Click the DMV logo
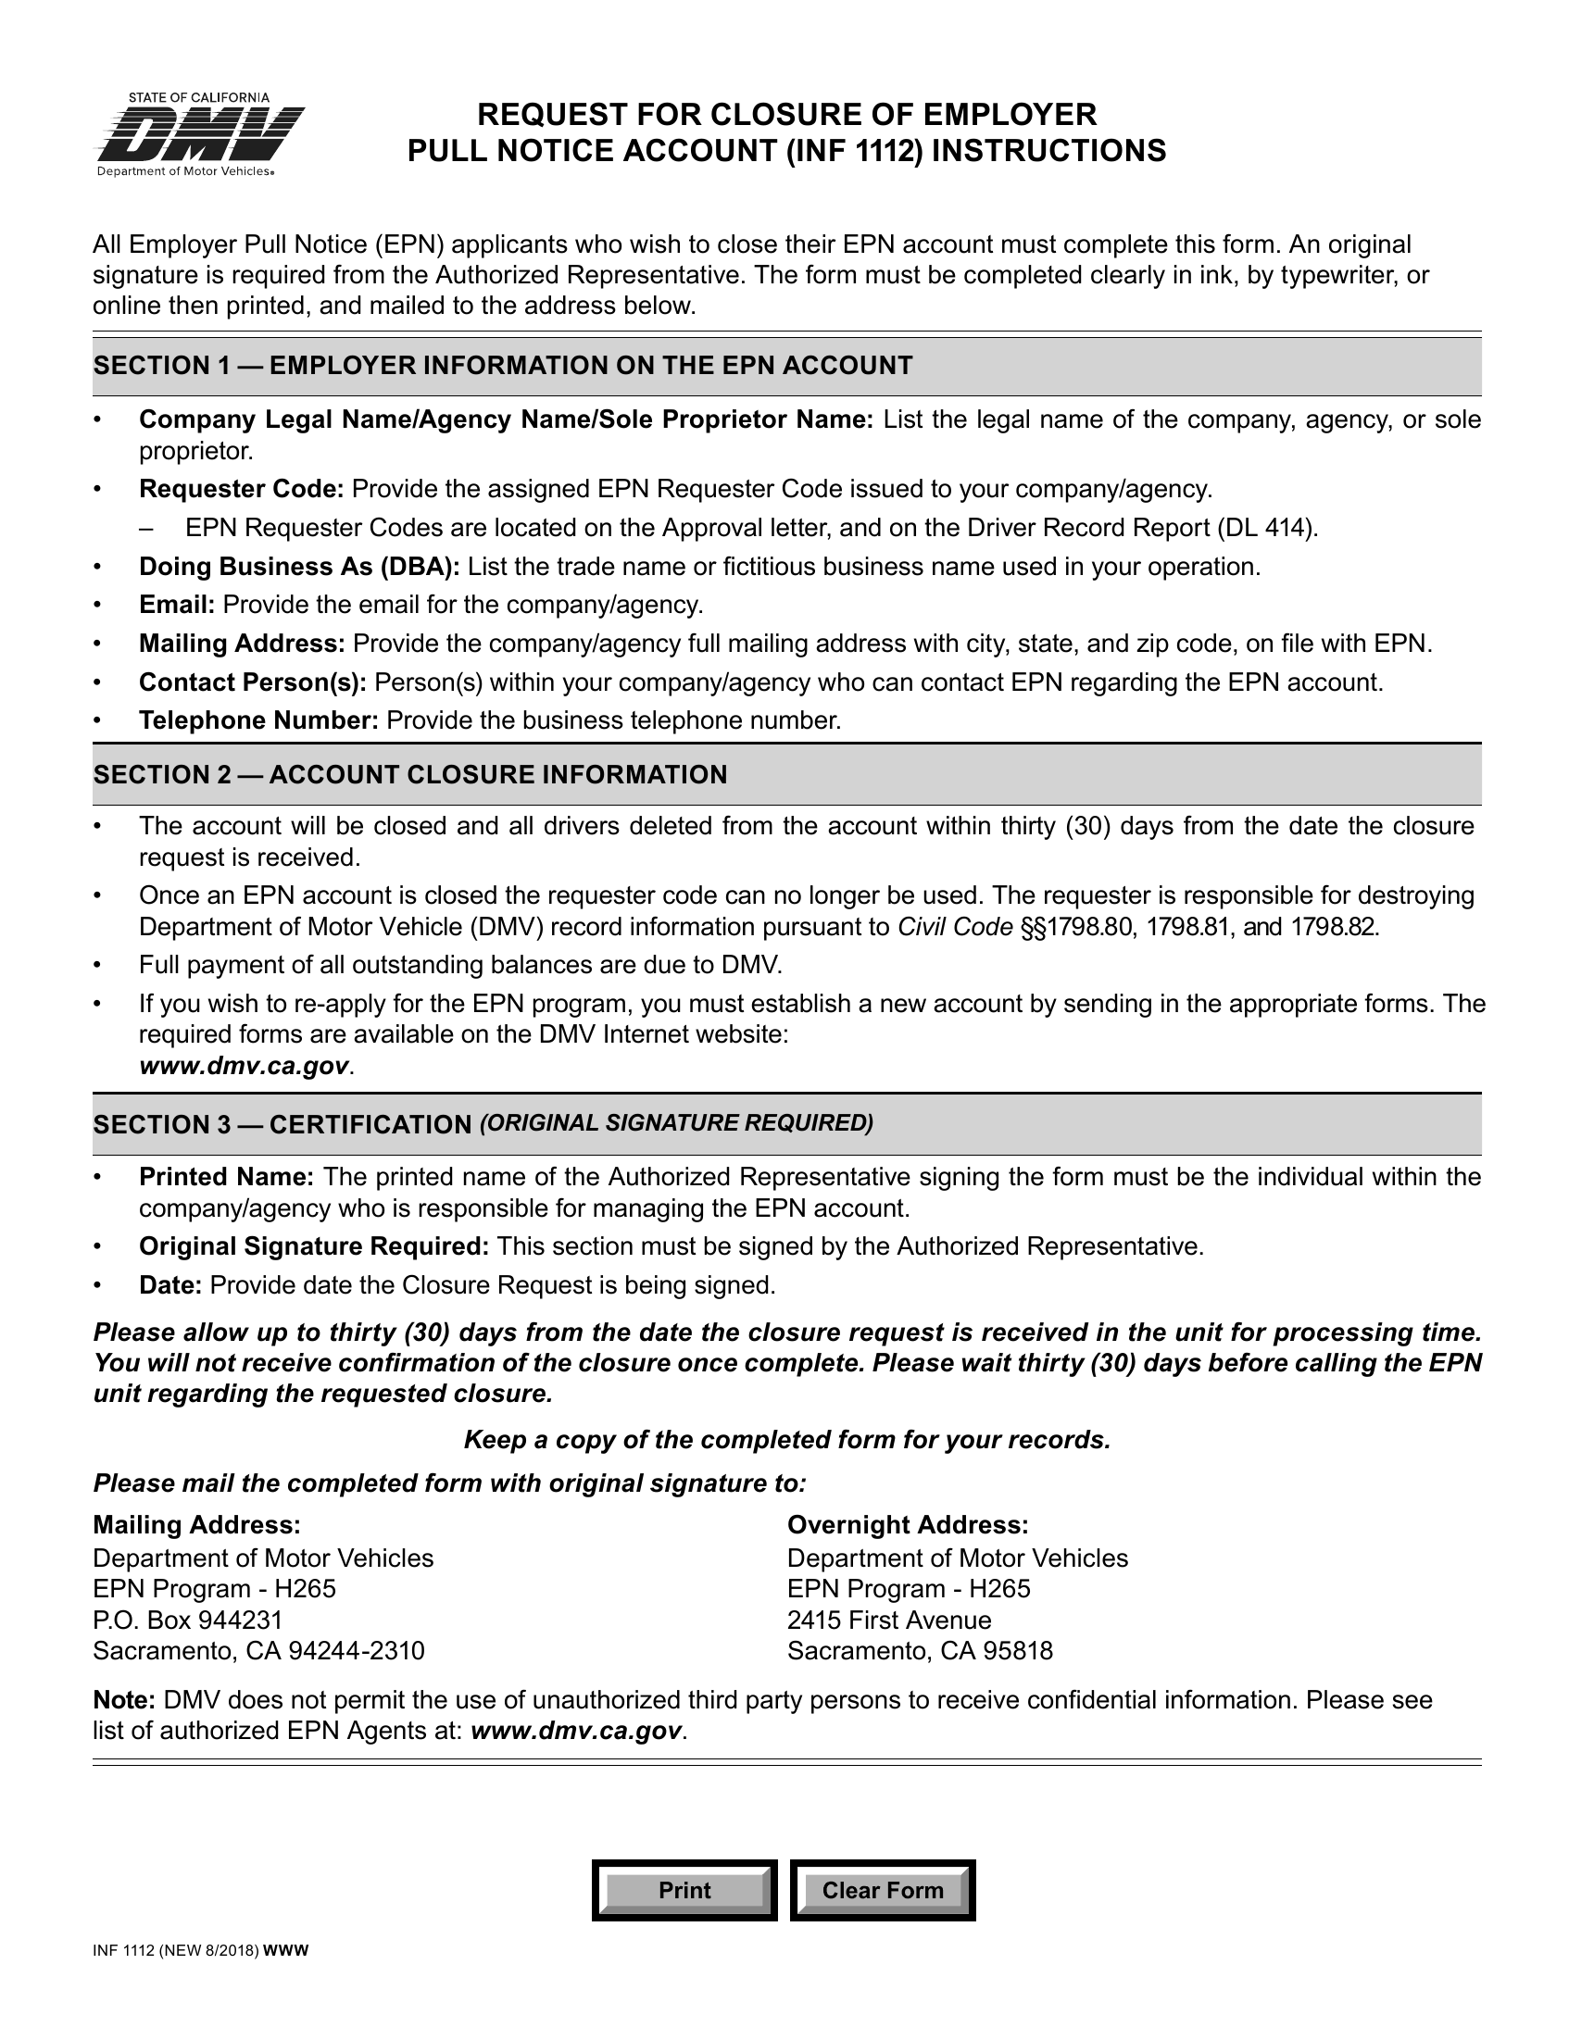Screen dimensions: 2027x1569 click(x=201, y=135)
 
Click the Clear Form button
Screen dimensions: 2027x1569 click(x=882, y=1890)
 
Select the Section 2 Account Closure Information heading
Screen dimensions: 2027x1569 click(x=409, y=775)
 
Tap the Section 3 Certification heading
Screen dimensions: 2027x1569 click(x=483, y=1124)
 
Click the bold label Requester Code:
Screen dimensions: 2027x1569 click(x=242, y=489)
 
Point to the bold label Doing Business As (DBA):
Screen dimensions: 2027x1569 click(x=299, y=567)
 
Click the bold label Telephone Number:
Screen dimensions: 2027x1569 click(x=258, y=721)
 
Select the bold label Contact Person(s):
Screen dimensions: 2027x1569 click(x=253, y=683)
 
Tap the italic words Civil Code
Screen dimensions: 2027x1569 click(x=954, y=927)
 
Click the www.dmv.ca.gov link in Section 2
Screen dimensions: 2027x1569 click(x=245, y=1066)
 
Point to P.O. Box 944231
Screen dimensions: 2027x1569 click(x=187, y=1620)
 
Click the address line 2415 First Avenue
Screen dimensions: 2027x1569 click(x=888, y=1620)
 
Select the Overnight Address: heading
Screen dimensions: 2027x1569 click(x=907, y=1525)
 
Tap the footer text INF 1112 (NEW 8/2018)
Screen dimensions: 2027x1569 click(x=176, y=1950)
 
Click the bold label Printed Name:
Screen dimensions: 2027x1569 click(x=227, y=1177)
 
